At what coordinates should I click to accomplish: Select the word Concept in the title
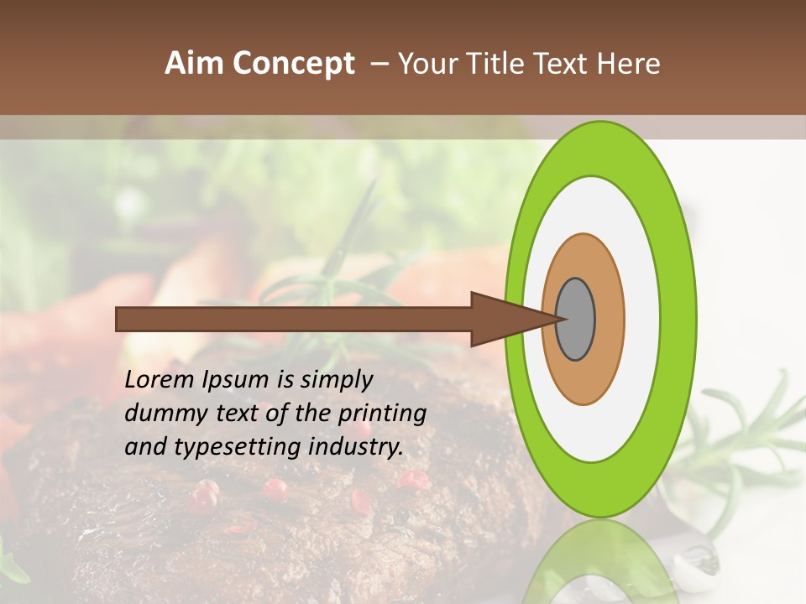[x=294, y=64]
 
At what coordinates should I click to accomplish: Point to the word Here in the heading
[x=629, y=64]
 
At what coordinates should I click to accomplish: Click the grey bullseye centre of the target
[x=576, y=319]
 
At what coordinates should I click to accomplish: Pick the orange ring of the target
[x=609, y=319]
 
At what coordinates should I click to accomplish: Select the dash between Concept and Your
[x=379, y=64]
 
